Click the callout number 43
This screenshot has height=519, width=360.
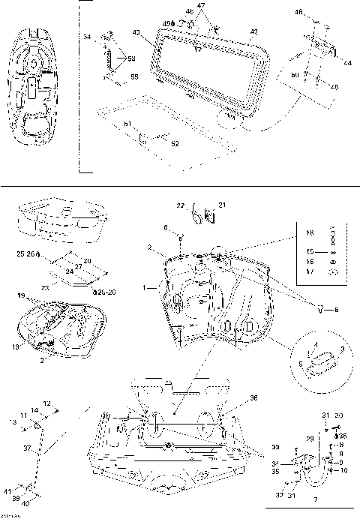136,32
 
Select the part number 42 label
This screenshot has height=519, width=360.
253,32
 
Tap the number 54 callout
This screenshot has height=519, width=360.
87,37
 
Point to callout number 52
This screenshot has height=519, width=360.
175,142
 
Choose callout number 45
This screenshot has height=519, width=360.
334,87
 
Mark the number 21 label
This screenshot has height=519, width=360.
221,205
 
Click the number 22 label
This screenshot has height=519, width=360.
180,205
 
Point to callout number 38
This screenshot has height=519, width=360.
253,398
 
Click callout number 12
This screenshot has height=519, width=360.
46,403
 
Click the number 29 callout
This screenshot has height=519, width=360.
308,437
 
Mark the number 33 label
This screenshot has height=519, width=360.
275,448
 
